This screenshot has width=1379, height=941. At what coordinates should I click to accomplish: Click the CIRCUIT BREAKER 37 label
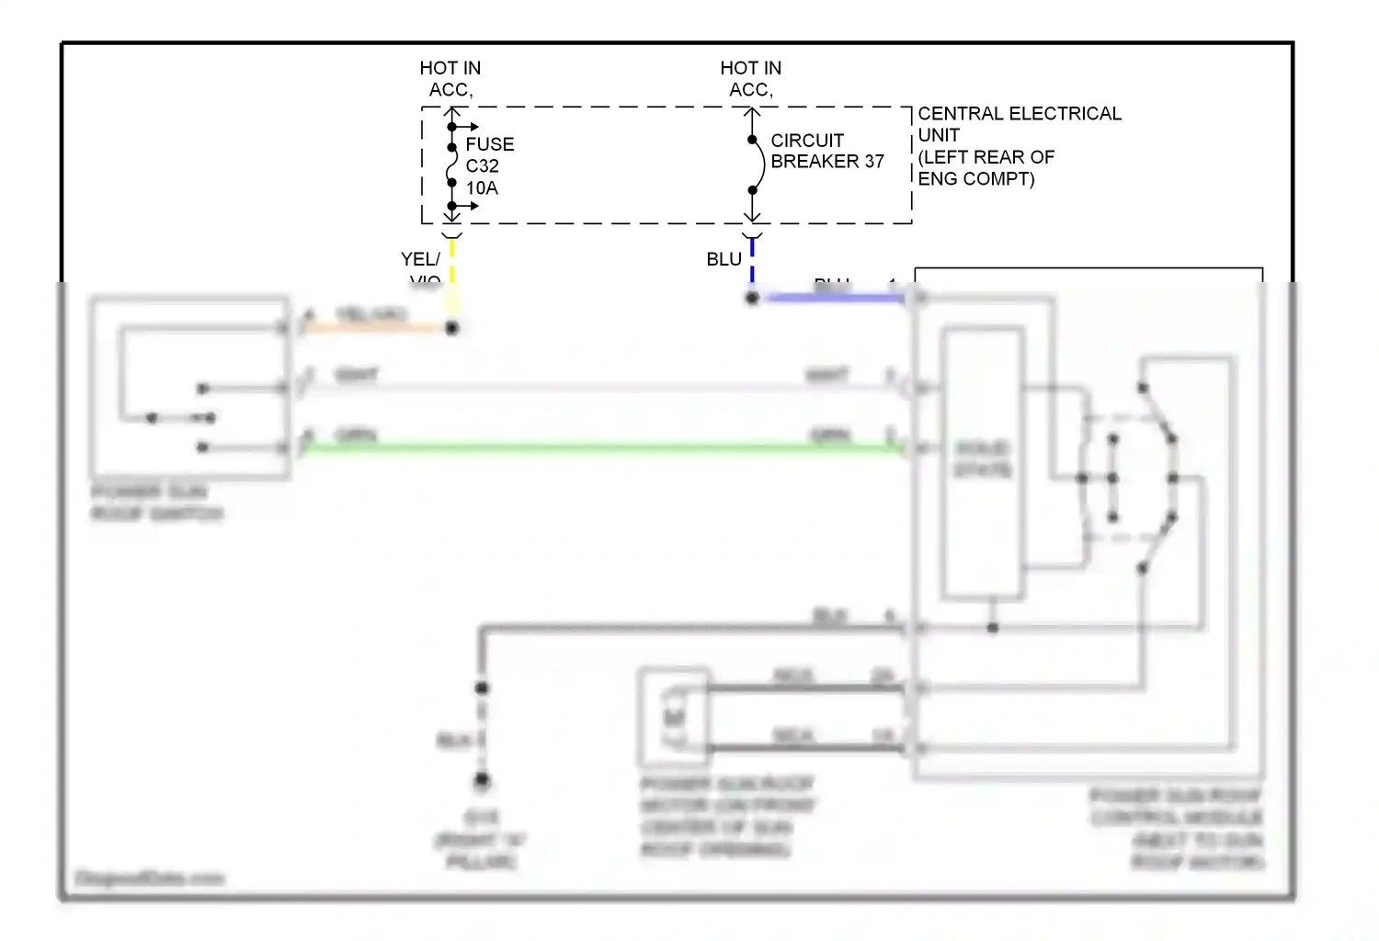[826, 151]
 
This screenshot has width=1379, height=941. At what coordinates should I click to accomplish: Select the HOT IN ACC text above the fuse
[450, 79]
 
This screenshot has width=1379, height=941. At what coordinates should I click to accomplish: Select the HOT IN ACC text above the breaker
[750, 79]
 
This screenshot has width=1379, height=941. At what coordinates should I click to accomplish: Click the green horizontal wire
[598, 448]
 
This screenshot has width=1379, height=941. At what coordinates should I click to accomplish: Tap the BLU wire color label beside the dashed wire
[724, 259]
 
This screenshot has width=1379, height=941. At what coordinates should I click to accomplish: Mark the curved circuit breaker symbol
[758, 165]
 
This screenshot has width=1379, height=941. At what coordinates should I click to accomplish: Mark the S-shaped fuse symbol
[450, 165]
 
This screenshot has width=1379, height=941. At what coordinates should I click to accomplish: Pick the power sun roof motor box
[675, 718]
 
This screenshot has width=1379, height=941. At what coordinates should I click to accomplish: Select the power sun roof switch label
[156, 502]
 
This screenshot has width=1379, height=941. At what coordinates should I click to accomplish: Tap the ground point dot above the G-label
[482, 781]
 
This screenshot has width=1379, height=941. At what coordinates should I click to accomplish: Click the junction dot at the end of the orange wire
[451, 327]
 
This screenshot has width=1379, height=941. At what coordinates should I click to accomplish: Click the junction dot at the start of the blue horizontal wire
[752, 298]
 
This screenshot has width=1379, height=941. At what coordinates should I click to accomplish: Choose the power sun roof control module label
[1177, 827]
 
